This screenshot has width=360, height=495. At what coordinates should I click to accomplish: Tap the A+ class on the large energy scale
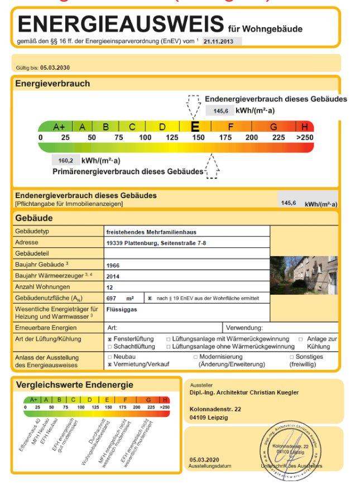point(59,127)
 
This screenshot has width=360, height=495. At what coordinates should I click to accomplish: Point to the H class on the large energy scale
point(305,127)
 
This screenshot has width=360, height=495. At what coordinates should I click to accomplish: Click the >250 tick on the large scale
point(304,137)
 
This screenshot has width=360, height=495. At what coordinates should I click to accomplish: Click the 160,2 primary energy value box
point(66,161)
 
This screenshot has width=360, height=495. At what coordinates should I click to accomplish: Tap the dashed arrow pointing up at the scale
point(212,166)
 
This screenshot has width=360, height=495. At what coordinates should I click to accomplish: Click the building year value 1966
point(113,265)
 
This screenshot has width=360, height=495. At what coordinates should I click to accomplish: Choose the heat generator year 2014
point(113,276)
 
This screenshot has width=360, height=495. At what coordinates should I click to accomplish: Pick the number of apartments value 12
point(109,287)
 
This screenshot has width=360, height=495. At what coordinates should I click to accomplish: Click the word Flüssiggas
point(121,308)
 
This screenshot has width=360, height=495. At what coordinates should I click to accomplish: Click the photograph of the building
point(304,275)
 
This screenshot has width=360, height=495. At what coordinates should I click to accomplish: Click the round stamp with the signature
point(290,448)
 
